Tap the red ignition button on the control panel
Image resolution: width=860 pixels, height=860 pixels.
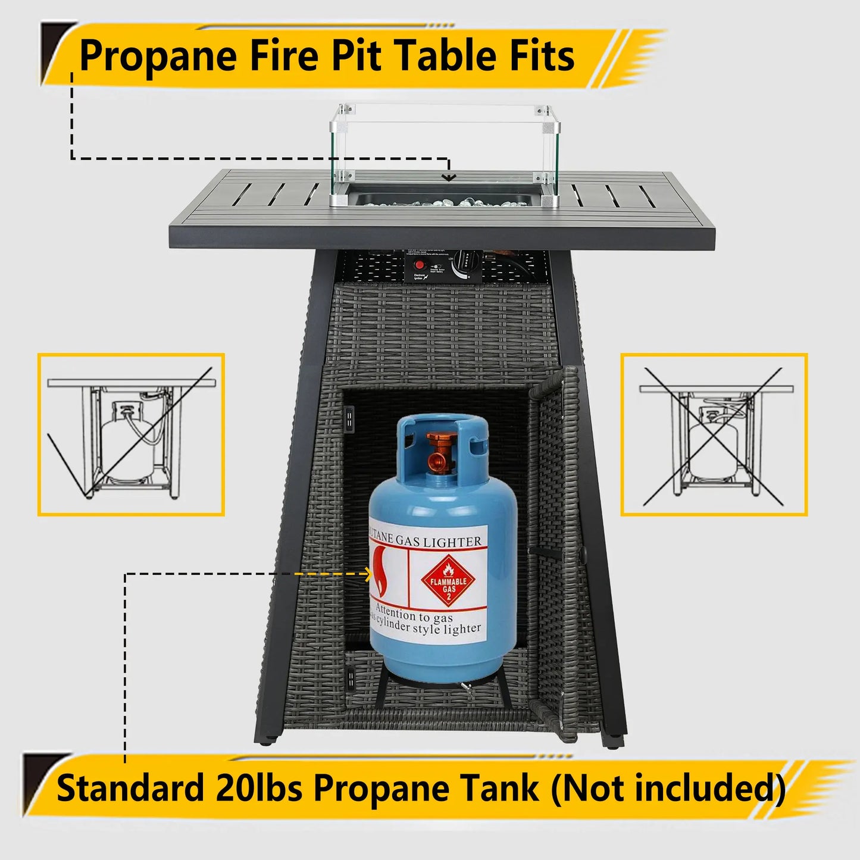click(420, 265)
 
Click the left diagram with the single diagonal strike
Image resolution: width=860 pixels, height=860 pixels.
click(131, 434)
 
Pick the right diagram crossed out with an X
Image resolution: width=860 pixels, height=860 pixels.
click(714, 434)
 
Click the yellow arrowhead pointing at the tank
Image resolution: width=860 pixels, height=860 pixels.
click(368, 574)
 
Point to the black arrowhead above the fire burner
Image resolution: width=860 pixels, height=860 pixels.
click(448, 177)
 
